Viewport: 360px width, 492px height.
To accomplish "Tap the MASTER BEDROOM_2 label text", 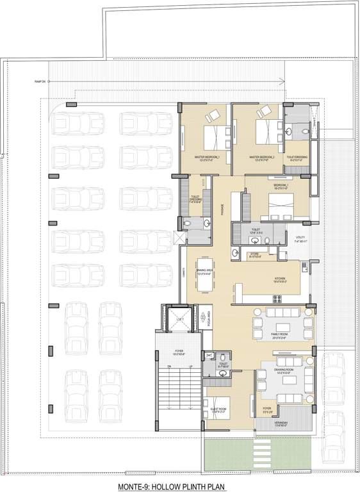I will click(261, 157).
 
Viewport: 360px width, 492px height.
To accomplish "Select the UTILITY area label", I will click(302, 241).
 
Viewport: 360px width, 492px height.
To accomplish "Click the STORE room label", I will click(254, 254).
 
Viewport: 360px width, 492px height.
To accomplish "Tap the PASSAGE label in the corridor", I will click(222, 208).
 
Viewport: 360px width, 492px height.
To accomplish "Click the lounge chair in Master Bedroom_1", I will click(212, 116).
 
